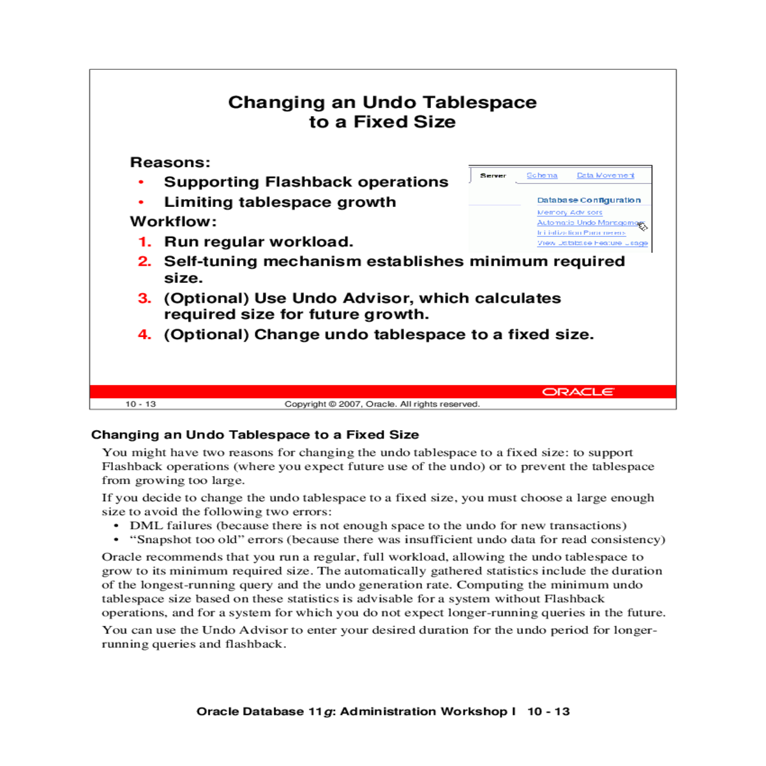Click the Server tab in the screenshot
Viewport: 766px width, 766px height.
point(493,176)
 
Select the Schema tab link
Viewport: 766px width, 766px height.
point(542,176)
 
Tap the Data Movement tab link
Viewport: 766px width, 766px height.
point(605,176)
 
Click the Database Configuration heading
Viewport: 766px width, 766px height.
point(589,200)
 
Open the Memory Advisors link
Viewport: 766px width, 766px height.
point(569,213)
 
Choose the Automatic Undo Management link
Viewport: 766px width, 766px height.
point(587,223)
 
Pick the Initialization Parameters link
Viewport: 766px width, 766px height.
point(581,233)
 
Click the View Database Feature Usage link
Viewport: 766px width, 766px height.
point(592,243)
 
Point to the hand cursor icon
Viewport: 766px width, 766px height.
point(642,226)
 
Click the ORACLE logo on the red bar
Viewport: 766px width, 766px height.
point(578,392)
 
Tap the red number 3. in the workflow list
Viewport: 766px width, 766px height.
point(145,299)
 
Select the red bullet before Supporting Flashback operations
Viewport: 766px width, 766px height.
point(141,183)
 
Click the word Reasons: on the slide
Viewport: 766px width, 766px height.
point(170,163)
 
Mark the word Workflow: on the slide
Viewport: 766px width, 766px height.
point(173,222)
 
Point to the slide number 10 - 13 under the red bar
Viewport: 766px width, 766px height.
point(140,404)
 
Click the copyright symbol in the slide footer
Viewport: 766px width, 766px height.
point(332,404)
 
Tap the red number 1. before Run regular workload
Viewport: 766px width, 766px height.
point(145,242)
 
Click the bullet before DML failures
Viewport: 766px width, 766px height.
point(116,526)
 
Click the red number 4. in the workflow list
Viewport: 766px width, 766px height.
point(145,335)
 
